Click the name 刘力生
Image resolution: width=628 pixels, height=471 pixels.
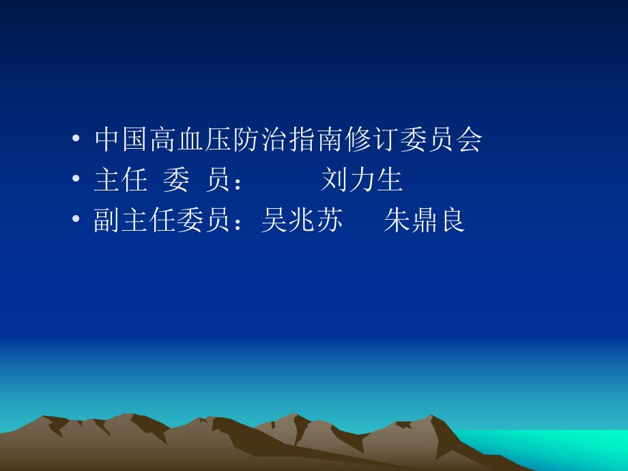(x=362, y=180)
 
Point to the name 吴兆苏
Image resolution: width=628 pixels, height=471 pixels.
(x=301, y=221)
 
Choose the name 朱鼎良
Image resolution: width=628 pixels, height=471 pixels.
(x=424, y=221)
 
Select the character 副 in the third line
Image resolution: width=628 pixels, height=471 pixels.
(x=107, y=221)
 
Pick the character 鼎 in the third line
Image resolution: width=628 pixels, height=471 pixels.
(x=424, y=221)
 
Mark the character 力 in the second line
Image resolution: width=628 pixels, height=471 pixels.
(x=362, y=180)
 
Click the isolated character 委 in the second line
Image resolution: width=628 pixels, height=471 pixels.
(x=175, y=180)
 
